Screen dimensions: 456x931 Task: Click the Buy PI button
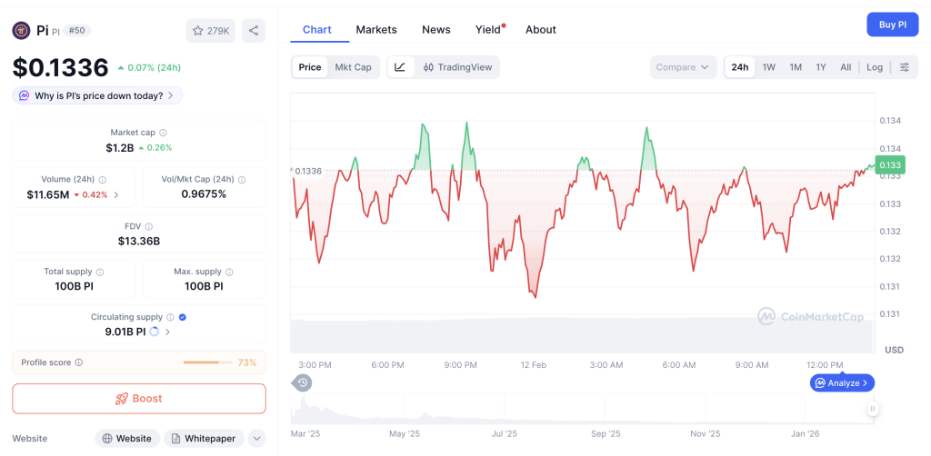coord(892,25)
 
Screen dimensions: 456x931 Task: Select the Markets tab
coord(376,30)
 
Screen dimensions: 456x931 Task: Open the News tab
coord(436,30)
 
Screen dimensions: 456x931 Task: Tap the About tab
coord(540,30)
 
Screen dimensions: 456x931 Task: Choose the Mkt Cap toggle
coord(353,67)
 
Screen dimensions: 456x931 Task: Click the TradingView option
coord(458,67)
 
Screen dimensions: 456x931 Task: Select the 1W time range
coord(768,67)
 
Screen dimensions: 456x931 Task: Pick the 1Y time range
coord(821,67)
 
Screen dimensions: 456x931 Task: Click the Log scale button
coord(874,67)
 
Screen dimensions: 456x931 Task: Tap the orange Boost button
coord(139,399)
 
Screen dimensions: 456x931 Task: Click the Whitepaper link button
coord(203,439)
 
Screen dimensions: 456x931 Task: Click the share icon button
coord(254,31)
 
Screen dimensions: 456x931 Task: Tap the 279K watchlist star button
coord(210,31)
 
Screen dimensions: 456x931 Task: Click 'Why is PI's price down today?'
coord(98,95)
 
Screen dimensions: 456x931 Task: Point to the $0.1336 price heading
coord(60,67)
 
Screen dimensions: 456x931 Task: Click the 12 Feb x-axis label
coord(533,365)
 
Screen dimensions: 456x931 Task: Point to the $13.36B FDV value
coord(139,242)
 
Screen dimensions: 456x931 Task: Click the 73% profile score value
coord(246,362)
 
